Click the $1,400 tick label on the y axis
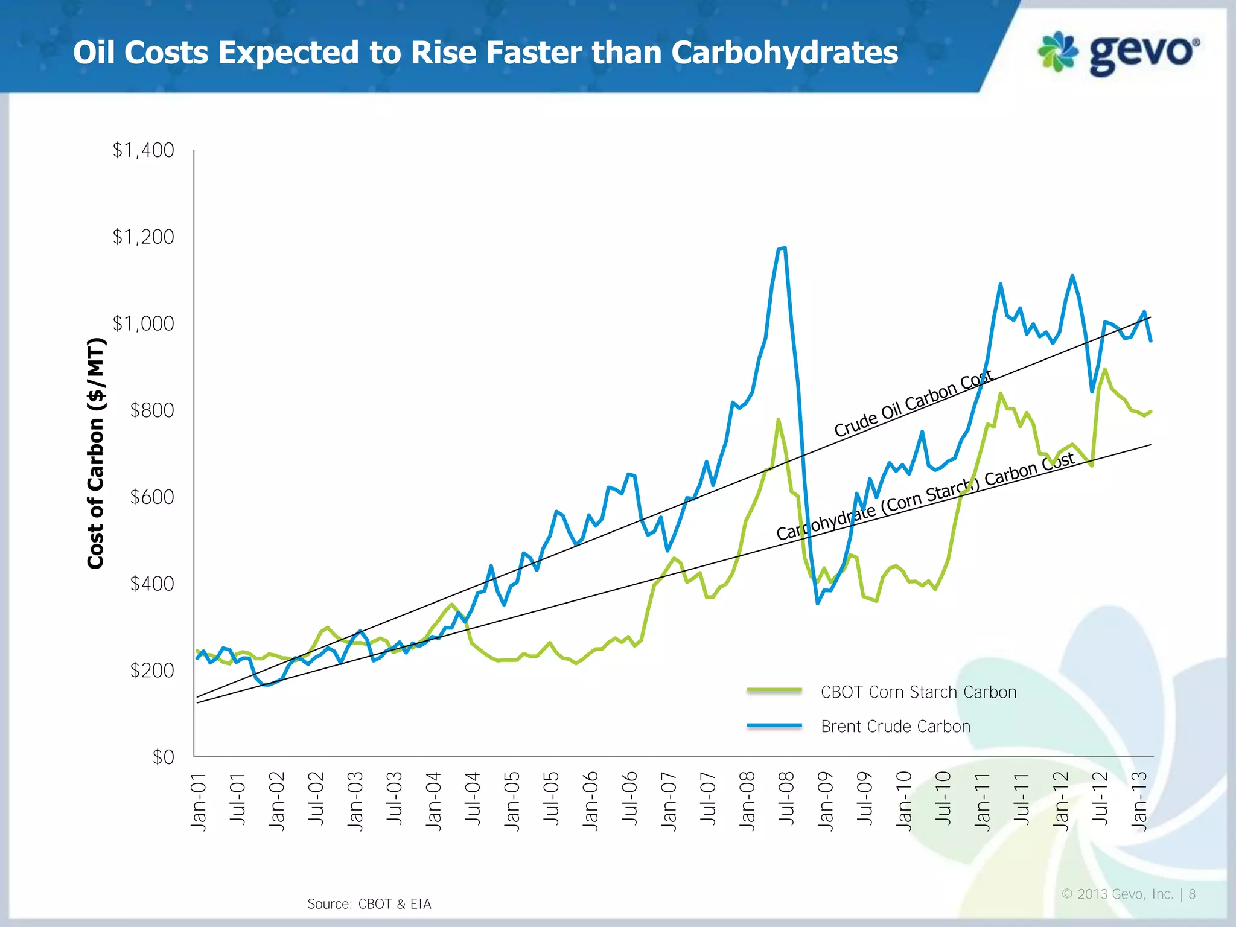143,150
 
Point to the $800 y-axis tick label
151,410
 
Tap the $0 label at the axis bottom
163,757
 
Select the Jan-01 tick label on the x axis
199,801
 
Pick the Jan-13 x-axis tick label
1139,801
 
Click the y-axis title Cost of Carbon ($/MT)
96,453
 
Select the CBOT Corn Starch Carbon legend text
918,692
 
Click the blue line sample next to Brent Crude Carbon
774,725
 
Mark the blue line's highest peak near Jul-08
783,247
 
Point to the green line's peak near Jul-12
1104,369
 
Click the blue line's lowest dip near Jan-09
818,603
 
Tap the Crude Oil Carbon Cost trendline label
913,404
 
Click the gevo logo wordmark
1144,54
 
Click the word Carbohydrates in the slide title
784,53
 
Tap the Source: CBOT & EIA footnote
369,903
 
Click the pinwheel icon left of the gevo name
1057,51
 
